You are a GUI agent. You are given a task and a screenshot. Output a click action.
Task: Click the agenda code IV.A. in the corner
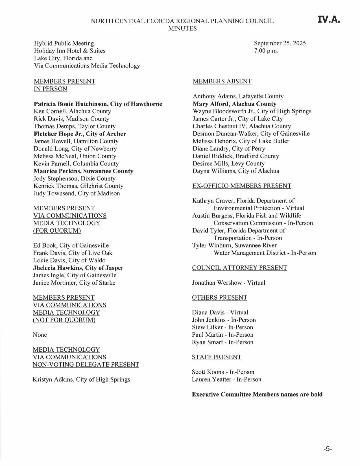click(329, 19)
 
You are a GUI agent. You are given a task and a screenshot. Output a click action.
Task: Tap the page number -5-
click(328, 449)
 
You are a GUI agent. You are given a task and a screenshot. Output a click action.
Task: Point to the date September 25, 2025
click(280, 43)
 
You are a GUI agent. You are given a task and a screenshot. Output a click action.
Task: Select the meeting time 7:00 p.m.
click(266, 51)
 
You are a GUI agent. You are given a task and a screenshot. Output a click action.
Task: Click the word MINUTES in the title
click(182, 28)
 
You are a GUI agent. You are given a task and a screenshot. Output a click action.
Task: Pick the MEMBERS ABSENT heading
click(222, 81)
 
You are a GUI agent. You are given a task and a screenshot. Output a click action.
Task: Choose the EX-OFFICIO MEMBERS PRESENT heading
click(242, 186)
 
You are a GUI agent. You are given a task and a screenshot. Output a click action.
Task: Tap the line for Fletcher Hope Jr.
click(80, 134)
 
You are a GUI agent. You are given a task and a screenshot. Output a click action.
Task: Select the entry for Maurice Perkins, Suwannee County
click(83, 171)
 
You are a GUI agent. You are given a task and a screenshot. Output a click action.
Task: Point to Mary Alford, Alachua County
click(234, 104)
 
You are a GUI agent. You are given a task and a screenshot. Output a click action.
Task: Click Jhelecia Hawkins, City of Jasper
click(78, 268)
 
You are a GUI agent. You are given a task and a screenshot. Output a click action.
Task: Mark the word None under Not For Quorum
click(40, 335)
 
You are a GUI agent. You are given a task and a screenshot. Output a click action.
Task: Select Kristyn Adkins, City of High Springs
click(81, 379)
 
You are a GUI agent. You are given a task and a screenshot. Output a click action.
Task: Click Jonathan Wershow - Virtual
click(228, 283)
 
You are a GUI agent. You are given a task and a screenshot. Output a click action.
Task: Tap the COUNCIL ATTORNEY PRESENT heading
click(239, 268)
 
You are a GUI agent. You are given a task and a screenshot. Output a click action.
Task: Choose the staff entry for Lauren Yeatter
click(226, 379)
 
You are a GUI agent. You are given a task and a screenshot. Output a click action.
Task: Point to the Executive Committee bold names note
click(257, 394)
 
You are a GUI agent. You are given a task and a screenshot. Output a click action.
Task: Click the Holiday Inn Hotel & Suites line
click(69, 51)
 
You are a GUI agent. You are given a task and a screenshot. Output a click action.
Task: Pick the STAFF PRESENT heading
click(217, 357)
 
